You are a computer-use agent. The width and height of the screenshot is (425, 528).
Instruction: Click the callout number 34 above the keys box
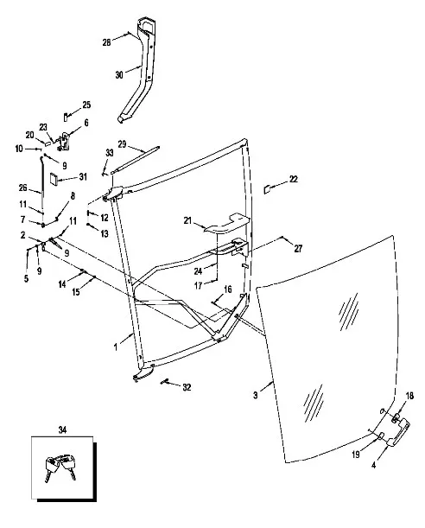[x=62, y=430]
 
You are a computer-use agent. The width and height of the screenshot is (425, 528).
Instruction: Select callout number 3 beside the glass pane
[x=256, y=395]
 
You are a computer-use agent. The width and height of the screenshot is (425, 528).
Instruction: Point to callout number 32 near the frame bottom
[x=187, y=388]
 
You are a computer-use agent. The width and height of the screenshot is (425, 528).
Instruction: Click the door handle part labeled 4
[x=399, y=432]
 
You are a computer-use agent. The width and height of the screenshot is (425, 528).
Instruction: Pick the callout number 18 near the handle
[x=409, y=396]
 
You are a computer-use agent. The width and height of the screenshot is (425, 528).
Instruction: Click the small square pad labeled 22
[x=267, y=189]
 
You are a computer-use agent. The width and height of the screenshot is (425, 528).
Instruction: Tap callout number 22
[x=294, y=179]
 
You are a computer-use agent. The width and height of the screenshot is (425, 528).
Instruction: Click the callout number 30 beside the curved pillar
[x=119, y=75]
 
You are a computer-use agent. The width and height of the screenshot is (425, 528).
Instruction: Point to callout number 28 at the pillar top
[x=106, y=42]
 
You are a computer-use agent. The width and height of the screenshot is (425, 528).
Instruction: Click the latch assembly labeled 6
[x=64, y=142]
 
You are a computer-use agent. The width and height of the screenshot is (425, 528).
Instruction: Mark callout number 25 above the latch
[x=86, y=105]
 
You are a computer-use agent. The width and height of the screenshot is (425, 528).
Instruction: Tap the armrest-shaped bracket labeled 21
[x=226, y=223]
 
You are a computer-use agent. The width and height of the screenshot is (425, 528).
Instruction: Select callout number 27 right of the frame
[x=298, y=249]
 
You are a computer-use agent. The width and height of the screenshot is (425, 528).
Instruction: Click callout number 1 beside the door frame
[x=116, y=347]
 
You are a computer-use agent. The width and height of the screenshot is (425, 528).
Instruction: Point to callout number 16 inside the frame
[x=228, y=289]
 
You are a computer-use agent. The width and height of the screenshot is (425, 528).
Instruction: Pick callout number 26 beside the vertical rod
[x=22, y=188]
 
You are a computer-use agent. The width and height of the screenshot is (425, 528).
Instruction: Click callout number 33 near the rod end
[x=110, y=153]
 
